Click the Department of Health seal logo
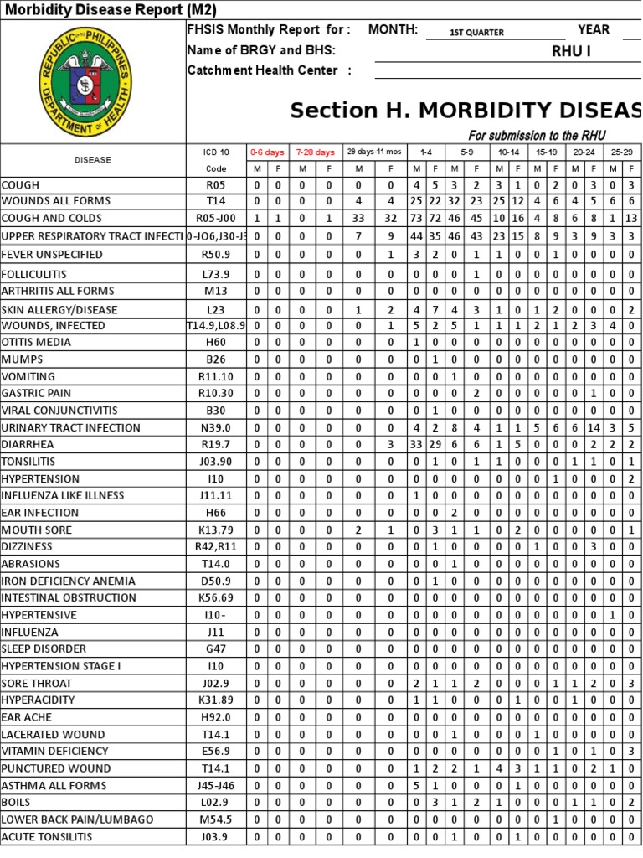coord(85,80)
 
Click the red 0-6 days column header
coord(267,152)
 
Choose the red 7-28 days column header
coord(315,152)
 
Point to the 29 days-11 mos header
coord(373,152)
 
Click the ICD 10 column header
coord(216,152)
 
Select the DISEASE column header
coord(92,159)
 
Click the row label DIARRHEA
coord(28,444)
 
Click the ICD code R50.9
coord(216,254)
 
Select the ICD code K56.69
coord(216,597)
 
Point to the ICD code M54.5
coord(216,819)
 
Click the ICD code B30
coord(216,411)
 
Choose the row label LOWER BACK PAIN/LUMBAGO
coord(77,819)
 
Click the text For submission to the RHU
coord(537,136)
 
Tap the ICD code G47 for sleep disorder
coord(216,649)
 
